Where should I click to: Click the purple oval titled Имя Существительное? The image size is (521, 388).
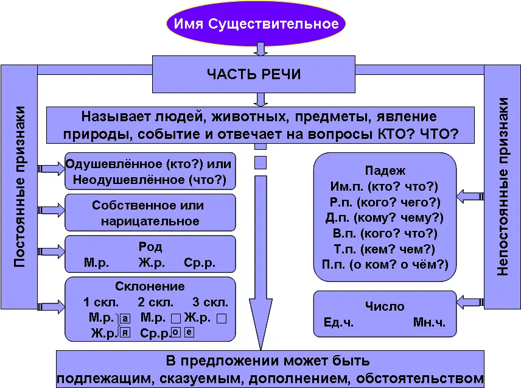tap(256, 24)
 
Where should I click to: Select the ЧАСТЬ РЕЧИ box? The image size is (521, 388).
tap(254, 74)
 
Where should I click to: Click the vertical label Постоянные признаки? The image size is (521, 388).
tap(19, 187)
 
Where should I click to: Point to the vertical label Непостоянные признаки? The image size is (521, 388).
tap(502, 187)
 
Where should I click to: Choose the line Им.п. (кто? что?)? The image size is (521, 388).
tap(385, 186)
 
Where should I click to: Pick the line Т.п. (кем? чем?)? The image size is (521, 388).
tap(385, 249)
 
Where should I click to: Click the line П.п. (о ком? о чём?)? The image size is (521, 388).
tap(385, 264)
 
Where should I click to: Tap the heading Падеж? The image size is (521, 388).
tap(385, 171)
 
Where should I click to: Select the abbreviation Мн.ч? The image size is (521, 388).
tap(429, 322)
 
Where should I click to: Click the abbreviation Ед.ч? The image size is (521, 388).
tap(338, 322)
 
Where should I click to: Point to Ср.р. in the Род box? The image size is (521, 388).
tap(200, 263)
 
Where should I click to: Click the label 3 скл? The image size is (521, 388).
tap(211, 302)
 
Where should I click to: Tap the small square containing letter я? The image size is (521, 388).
tap(125, 333)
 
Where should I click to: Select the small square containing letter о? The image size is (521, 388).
tap(176, 332)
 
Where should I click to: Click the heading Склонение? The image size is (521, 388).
tap(150, 286)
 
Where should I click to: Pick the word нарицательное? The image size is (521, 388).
tap(150, 222)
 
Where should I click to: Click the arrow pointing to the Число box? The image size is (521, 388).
tap(470, 302)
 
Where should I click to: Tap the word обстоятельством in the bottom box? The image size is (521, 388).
tap(420, 379)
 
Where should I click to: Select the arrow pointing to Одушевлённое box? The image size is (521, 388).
tap(51, 169)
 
